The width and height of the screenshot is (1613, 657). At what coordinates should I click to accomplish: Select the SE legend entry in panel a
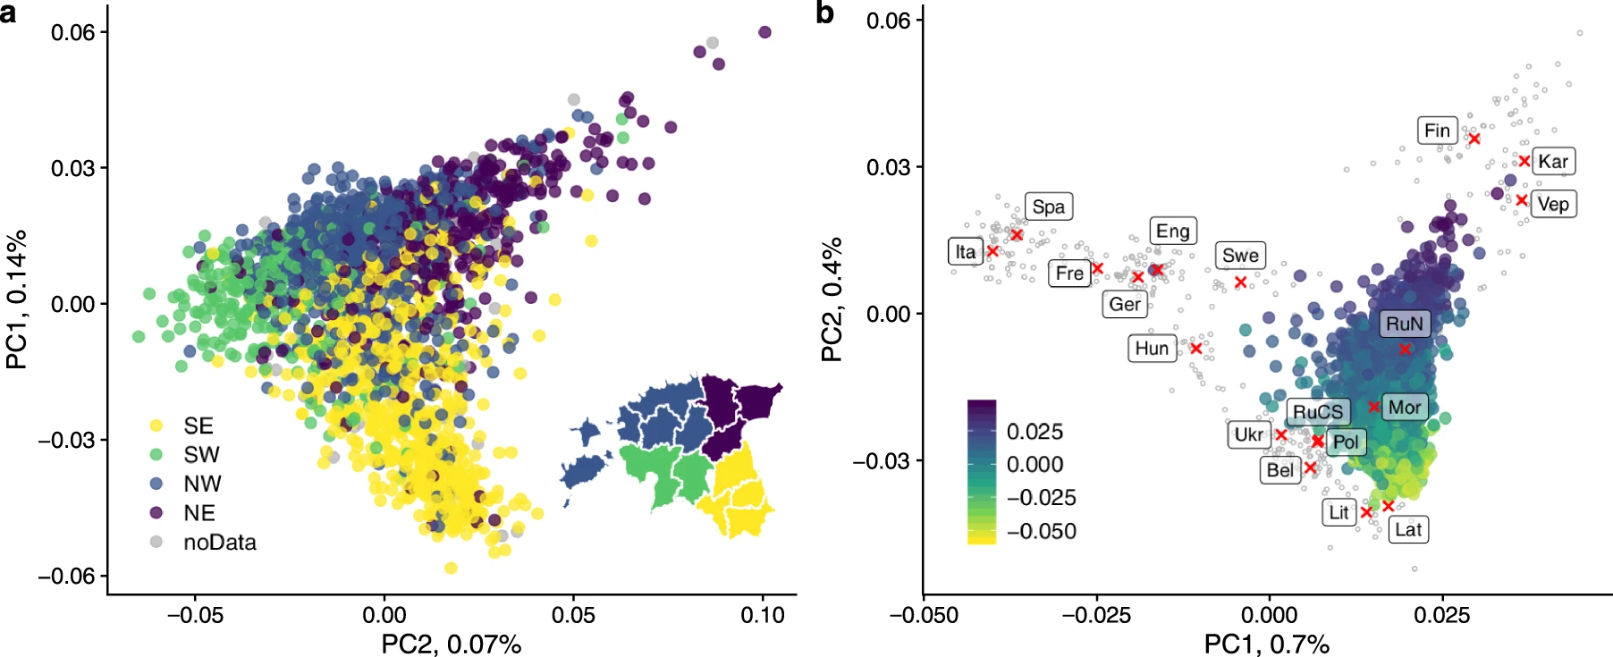point(198,425)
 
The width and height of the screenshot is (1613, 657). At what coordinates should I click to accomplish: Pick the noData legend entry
point(219,543)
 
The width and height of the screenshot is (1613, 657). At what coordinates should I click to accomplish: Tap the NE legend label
point(199,513)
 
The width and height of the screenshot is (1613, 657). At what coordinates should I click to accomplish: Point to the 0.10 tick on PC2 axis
point(763,615)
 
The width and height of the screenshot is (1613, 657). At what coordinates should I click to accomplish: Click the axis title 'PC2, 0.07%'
point(451,644)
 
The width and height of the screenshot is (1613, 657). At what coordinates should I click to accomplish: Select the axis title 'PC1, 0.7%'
point(1266,644)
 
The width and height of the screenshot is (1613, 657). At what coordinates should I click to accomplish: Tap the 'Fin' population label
point(1437,131)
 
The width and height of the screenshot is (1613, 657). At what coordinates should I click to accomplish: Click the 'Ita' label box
point(965,252)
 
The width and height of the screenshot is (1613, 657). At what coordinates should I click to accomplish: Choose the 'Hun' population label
point(1152,348)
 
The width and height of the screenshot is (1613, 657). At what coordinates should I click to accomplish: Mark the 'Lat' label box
point(1408,529)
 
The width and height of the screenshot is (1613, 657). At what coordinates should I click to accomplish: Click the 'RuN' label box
point(1404,324)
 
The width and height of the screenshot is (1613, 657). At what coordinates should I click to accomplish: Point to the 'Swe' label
point(1240,256)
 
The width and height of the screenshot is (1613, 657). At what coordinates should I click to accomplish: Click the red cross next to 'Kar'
point(1524,161)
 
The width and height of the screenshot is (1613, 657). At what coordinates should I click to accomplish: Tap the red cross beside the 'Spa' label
point(1017,234)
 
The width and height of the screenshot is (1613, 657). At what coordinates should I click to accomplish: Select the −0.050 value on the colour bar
point(1041,532)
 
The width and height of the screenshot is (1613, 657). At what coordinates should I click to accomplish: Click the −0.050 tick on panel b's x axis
point(924,615)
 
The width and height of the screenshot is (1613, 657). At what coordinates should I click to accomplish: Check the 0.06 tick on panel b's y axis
point(888,20)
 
